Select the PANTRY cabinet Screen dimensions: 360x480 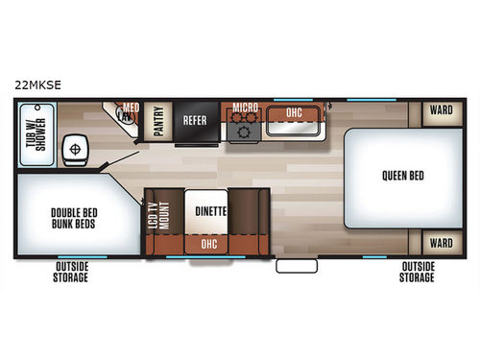pyautogui.click(x=157, y=121)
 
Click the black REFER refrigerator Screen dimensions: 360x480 pyautogui.click(x=197, y=121)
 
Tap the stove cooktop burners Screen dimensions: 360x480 pyautogui.click(x=240, y=130)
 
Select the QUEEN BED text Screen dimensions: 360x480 pyautogui.click(x=402, y=176)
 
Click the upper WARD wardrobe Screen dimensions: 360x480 pyautogui.click(x=441, y=110)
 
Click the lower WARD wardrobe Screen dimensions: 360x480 pyautogui.click(x=441, y=243)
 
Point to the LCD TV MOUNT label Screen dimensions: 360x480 pyautogui.click(x=156, y=217)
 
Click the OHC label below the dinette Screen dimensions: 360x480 pyautogui.click(x=209, y=245)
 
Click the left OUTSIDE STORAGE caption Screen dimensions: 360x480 pyautogui.click(x=71, y=273)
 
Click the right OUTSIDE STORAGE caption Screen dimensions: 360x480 pyautogui.click(x=417, y=273)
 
